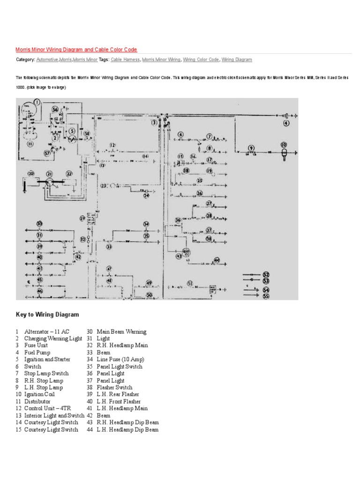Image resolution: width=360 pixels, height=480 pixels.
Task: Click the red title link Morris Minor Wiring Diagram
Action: pyautogui.click(x=76, y=49)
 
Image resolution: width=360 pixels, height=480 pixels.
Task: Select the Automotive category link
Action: pyautogui.click(x=47, y=60)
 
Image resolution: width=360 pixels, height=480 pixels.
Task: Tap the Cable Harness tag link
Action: pyautogui.click(x=125, y=60)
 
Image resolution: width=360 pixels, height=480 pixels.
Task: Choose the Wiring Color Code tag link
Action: pyautogui.click(x=201, y=60)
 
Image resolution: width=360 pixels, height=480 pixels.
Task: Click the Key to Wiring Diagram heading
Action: pyautogui.click(x=47, y=315)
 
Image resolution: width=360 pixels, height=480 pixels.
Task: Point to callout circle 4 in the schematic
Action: pyautogui.click(x=286, y=124)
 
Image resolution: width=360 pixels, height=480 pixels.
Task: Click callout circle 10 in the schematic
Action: pyautogui.click(x=284, y=145)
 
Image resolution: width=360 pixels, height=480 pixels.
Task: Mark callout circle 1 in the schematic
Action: pyautogui.click(x=37, y=102)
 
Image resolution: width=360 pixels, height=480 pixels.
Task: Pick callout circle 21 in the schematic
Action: pyautogui.click(x=49, y=174)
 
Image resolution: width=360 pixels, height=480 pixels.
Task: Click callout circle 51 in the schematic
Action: pyautogui.click(x=190, y=283)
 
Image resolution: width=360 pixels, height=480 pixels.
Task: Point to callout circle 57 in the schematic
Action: pyautogui.click(x=47, y=153)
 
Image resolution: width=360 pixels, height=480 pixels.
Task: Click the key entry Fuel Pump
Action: pyautogui.click(x=37, y=352)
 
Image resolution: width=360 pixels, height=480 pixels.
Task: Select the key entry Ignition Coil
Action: pyautogui.click(x=40, y=395)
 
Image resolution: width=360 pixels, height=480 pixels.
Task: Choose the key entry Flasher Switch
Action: pyautogui.click(x=114, y=388)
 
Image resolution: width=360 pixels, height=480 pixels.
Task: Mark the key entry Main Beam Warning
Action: pyautogui.click(x=121, y=331)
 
